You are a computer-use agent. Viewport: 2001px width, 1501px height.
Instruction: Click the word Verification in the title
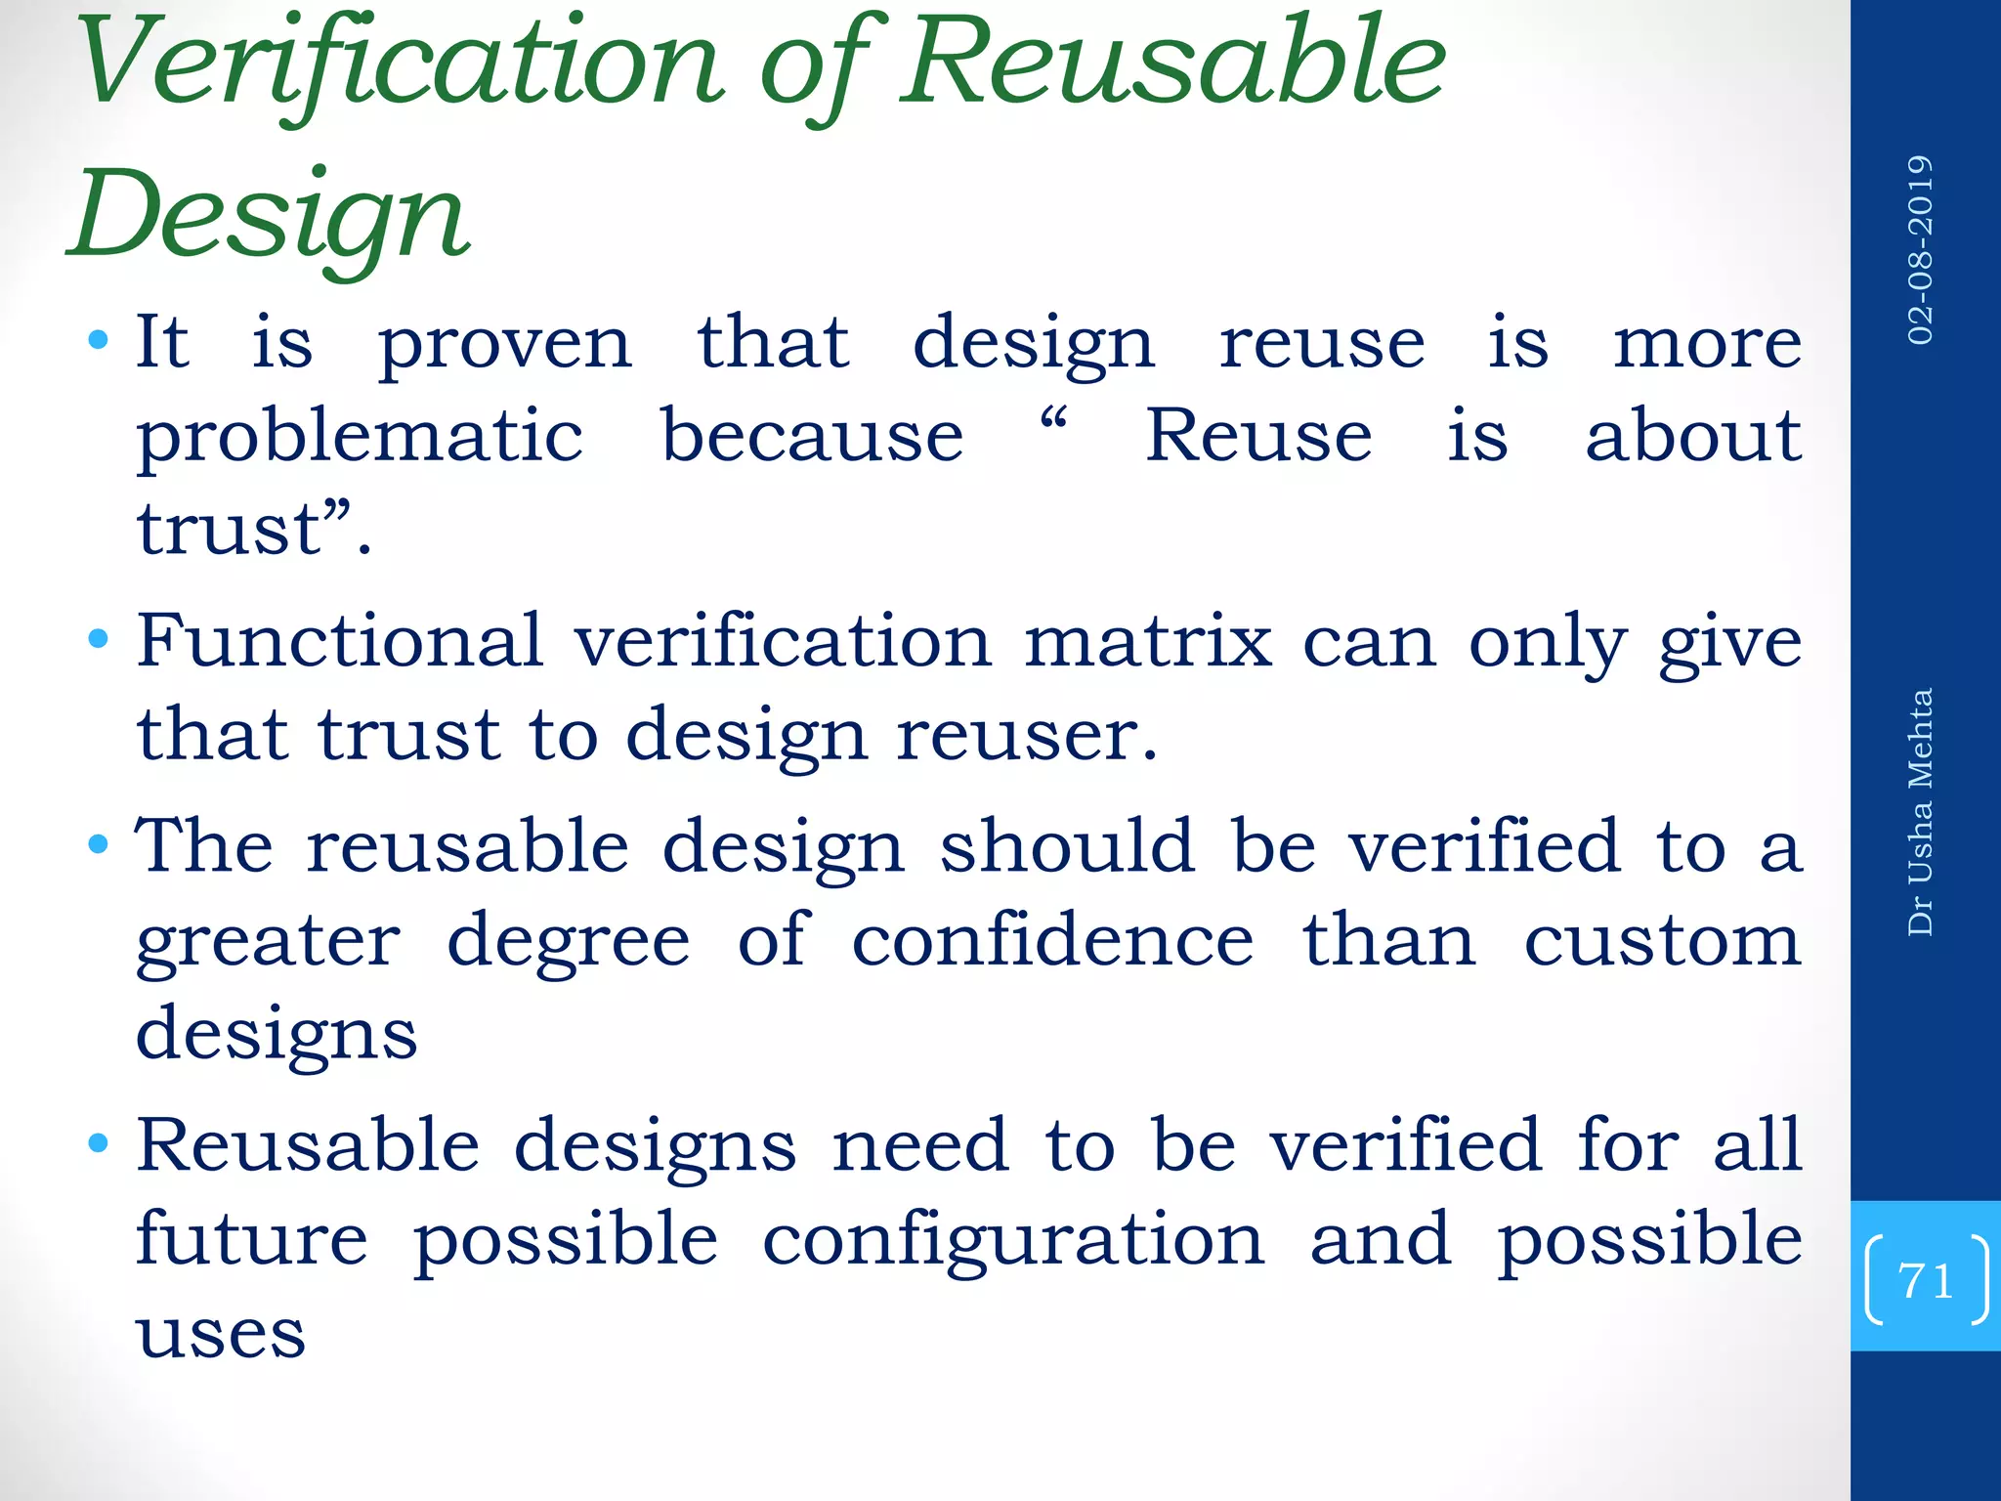[401, 64]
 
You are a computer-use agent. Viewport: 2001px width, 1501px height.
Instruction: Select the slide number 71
[1925, 1280]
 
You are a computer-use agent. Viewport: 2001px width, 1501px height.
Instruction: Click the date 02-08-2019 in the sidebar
[1921, 250]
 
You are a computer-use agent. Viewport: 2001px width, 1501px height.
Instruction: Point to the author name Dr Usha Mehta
[1921, 812]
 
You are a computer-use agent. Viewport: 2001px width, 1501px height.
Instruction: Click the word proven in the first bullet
[505, 345]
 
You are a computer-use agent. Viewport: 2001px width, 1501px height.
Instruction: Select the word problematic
[360, 437]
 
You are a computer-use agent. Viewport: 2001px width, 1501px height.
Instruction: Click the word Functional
[339, 641]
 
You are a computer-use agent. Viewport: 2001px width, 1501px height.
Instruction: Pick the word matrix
[1148, 642]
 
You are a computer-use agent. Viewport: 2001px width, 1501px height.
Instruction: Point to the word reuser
[1027, 735]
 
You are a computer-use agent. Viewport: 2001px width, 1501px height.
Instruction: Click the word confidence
[1052, 940]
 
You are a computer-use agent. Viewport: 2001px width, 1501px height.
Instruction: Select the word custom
[1662, 940]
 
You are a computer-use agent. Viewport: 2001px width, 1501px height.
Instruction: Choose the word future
[252, 1239]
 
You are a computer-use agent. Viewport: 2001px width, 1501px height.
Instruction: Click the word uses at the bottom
[221, 1334]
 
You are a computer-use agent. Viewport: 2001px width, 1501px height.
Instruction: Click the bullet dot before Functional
[98, 641]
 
